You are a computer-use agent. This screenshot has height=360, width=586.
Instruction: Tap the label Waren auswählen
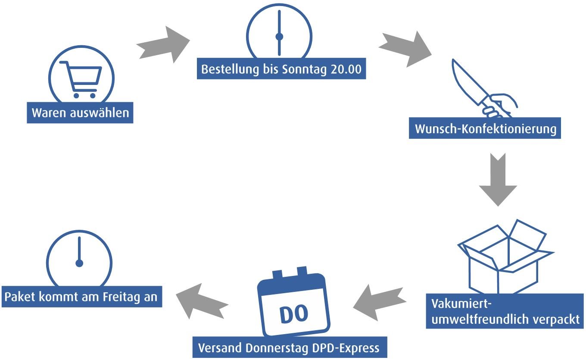pyautogui.click(x=80, y=113)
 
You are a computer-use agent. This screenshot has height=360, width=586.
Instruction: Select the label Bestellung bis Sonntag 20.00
pyautogui.click(x=281, y=69)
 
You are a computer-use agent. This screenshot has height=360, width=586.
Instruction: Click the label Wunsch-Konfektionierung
pyautogui.click(x=485, y=128)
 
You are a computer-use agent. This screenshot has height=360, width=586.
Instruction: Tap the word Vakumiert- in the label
pyautogui.click(x=461, y=304)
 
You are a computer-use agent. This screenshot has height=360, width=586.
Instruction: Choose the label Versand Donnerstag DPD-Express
pyautogui.click(x=289, y=347)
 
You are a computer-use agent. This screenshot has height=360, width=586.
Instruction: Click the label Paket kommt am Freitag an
pyautogui.click(x=82, y=297)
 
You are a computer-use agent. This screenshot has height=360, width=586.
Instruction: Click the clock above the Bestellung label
pyautogui.click(x=279, y=34)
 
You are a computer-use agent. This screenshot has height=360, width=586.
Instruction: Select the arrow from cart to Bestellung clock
pyautogui.click(x=163, y=44)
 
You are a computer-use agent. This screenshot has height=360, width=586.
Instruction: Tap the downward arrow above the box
pyautogui.click(x=498, y=179)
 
